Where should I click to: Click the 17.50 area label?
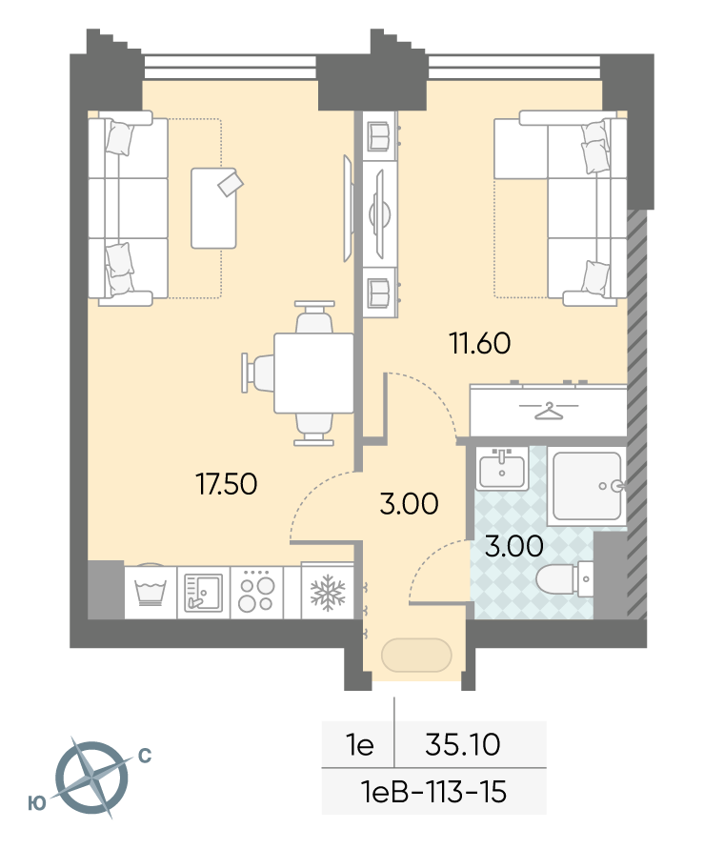point(227,483)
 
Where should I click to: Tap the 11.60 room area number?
point(480,343)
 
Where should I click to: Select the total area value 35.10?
point(462,744)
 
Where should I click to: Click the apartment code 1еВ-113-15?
point(433,792)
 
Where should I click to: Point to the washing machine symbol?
point(151,592)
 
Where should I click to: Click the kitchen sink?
point(203,593)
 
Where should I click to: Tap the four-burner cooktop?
point(256,591)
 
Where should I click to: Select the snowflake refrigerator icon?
point(328,593)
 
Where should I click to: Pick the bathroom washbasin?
point(502,468)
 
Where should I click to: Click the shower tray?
point(587,486)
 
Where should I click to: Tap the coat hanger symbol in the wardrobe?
point(549,411)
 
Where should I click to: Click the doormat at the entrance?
point(416,656)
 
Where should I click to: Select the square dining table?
point(313,374)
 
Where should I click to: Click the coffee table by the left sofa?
point(214,209)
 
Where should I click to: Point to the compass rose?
point(93,778)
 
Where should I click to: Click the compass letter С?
point(145,756)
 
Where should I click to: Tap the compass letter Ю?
point(37,803)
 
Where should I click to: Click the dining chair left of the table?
point(258,373)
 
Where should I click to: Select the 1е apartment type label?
point(359,745)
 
